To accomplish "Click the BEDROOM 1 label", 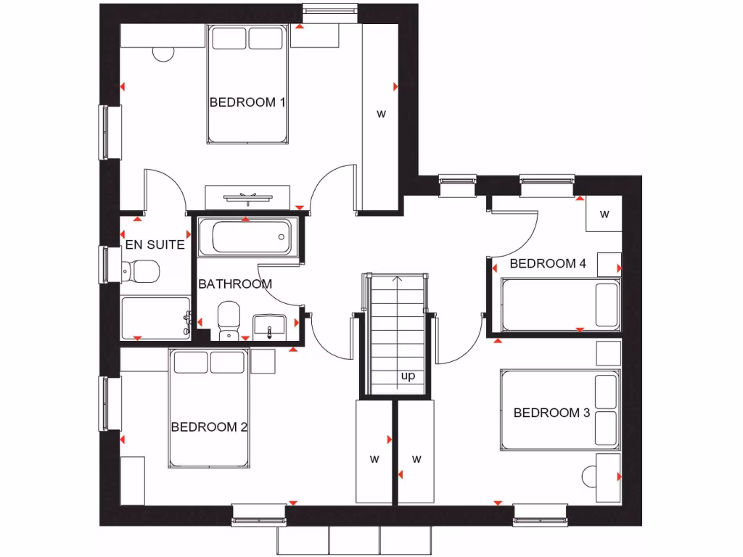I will coord(247,102).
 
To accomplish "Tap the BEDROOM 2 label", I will coord(209,427).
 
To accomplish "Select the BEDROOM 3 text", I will coord(551,413).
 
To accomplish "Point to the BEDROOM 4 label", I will coord(547,263).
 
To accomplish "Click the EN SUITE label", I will coord(155,245).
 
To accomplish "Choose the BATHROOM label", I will coord(235,284).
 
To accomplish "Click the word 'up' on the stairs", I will coord(408,376).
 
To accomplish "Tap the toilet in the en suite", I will coord(141,272).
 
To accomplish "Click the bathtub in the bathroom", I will coord(246,236).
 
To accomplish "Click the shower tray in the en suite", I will coord(154,317).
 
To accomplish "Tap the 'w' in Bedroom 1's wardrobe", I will coord(380,114).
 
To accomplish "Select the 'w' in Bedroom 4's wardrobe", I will coord(604,214).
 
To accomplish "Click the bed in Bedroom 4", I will coord(559,305).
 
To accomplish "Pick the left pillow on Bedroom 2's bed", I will coord(190,362).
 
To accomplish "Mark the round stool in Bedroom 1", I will coord(165,53).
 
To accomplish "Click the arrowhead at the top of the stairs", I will coord(396,278).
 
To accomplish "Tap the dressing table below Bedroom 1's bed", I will coord(248,196).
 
